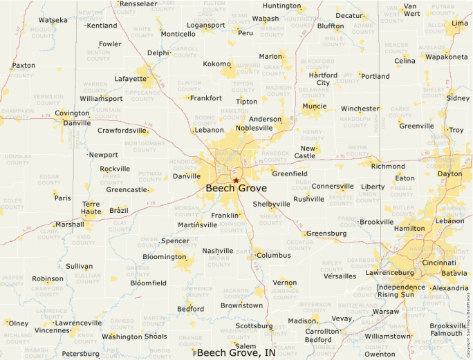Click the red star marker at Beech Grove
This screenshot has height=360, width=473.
coord(236,180)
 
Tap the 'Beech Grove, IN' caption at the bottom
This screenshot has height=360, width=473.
coord(236,352)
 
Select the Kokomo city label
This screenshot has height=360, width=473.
coord(216,64)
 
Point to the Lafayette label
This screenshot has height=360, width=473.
coord(131,79)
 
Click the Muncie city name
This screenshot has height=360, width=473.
coord(315,106)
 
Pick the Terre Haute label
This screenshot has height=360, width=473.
coord(91,209)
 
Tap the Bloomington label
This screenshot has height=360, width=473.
coord(165,257)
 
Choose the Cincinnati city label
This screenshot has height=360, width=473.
coord(439,263)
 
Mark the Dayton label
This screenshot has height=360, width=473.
coord(449,174)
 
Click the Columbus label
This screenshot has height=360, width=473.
coord(273,255)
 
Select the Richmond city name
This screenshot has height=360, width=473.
coord(388,167)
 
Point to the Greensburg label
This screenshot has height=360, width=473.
coord(326,234)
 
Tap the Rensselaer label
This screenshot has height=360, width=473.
coord(138,4)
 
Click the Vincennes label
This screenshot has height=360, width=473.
coord(53,330)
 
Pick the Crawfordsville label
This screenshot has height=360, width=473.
coord(122,130)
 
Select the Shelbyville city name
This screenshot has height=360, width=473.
coord(271,205)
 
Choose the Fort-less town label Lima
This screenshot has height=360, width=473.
coord(459,23)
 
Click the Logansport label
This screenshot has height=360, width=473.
coord(206,26)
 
